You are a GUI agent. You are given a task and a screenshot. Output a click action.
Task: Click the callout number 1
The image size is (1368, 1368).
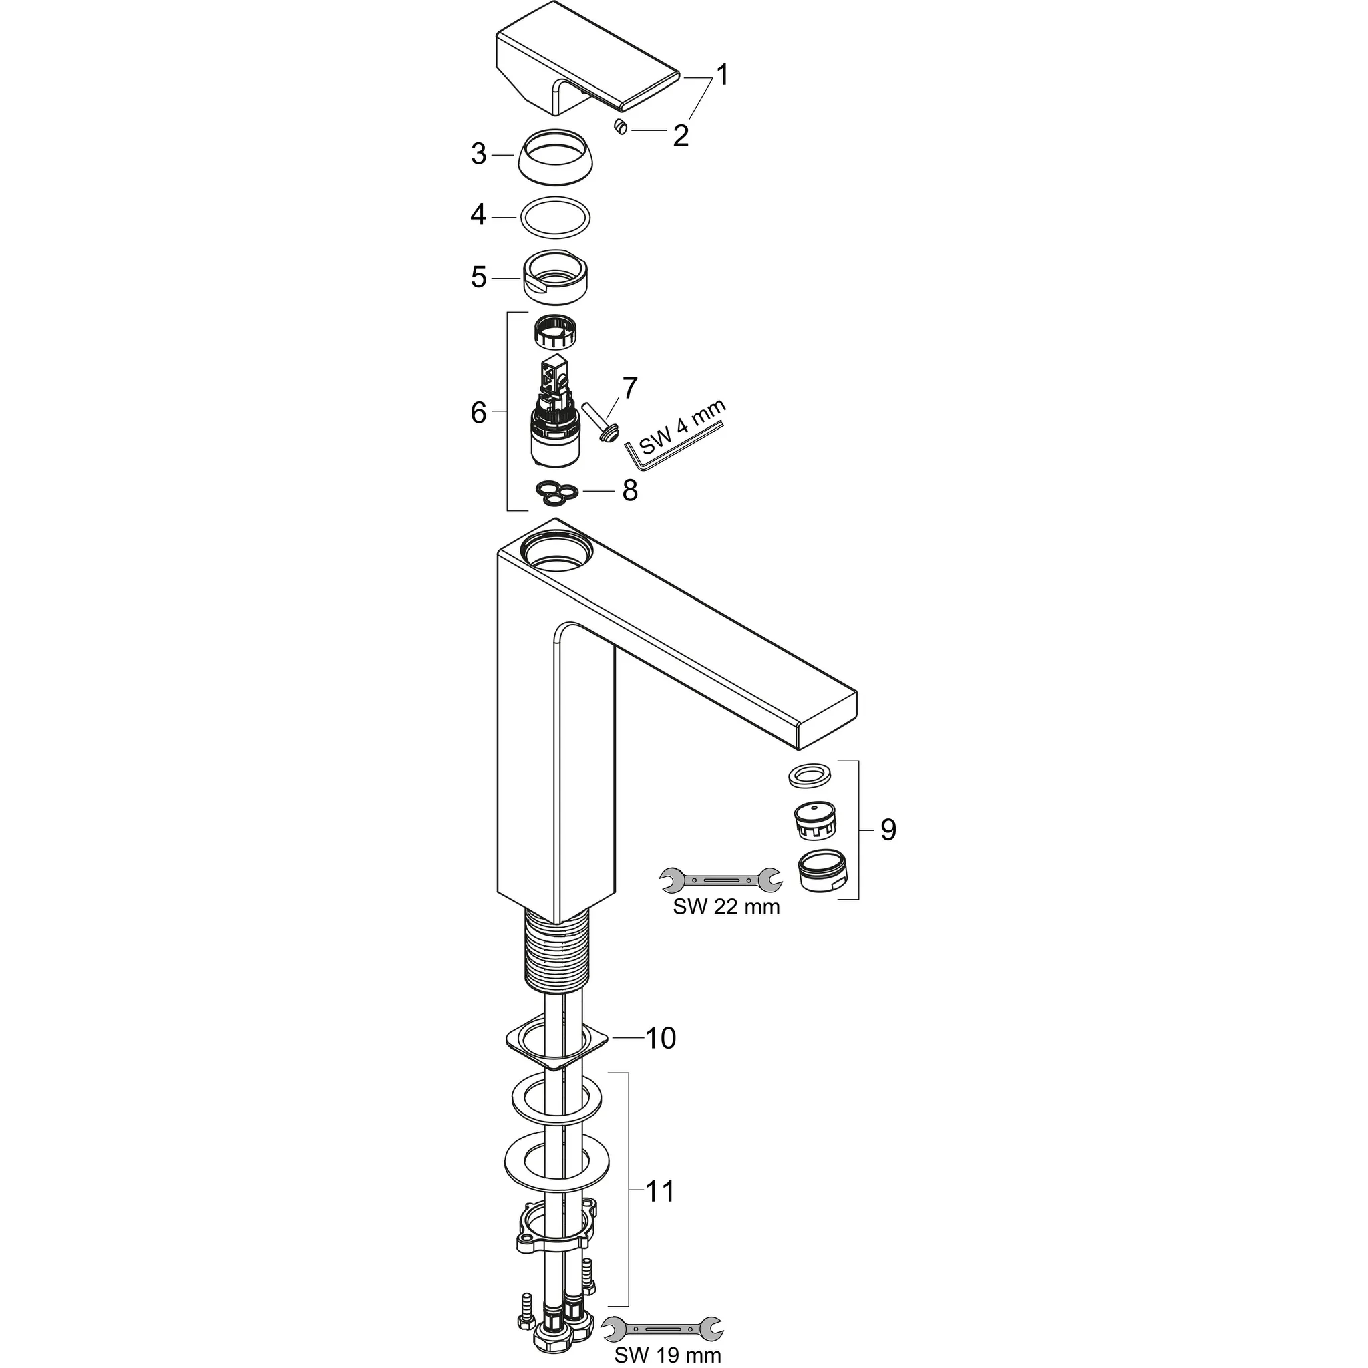pos(721,74)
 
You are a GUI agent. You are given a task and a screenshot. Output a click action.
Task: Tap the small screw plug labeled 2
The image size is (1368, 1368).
pos(621,128)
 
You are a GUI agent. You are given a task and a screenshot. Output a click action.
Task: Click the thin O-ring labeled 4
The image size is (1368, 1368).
pos(554,215)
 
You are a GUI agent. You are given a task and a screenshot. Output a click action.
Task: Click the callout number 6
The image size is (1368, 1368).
pos(479,412)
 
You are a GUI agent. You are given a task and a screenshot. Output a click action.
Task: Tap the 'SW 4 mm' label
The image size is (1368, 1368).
pos(683,427)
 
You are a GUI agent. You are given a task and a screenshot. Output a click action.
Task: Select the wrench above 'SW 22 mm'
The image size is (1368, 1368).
pos(720,880)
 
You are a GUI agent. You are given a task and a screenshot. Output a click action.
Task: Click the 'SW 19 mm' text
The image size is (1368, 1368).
pos(667,1355)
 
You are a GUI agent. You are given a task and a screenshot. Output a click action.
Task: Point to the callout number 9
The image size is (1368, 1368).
pos(888,830)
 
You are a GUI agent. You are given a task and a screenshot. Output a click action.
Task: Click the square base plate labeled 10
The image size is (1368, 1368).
pos(556,1047)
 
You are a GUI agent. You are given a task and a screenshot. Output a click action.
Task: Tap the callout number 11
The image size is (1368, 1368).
pos(660,1192)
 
